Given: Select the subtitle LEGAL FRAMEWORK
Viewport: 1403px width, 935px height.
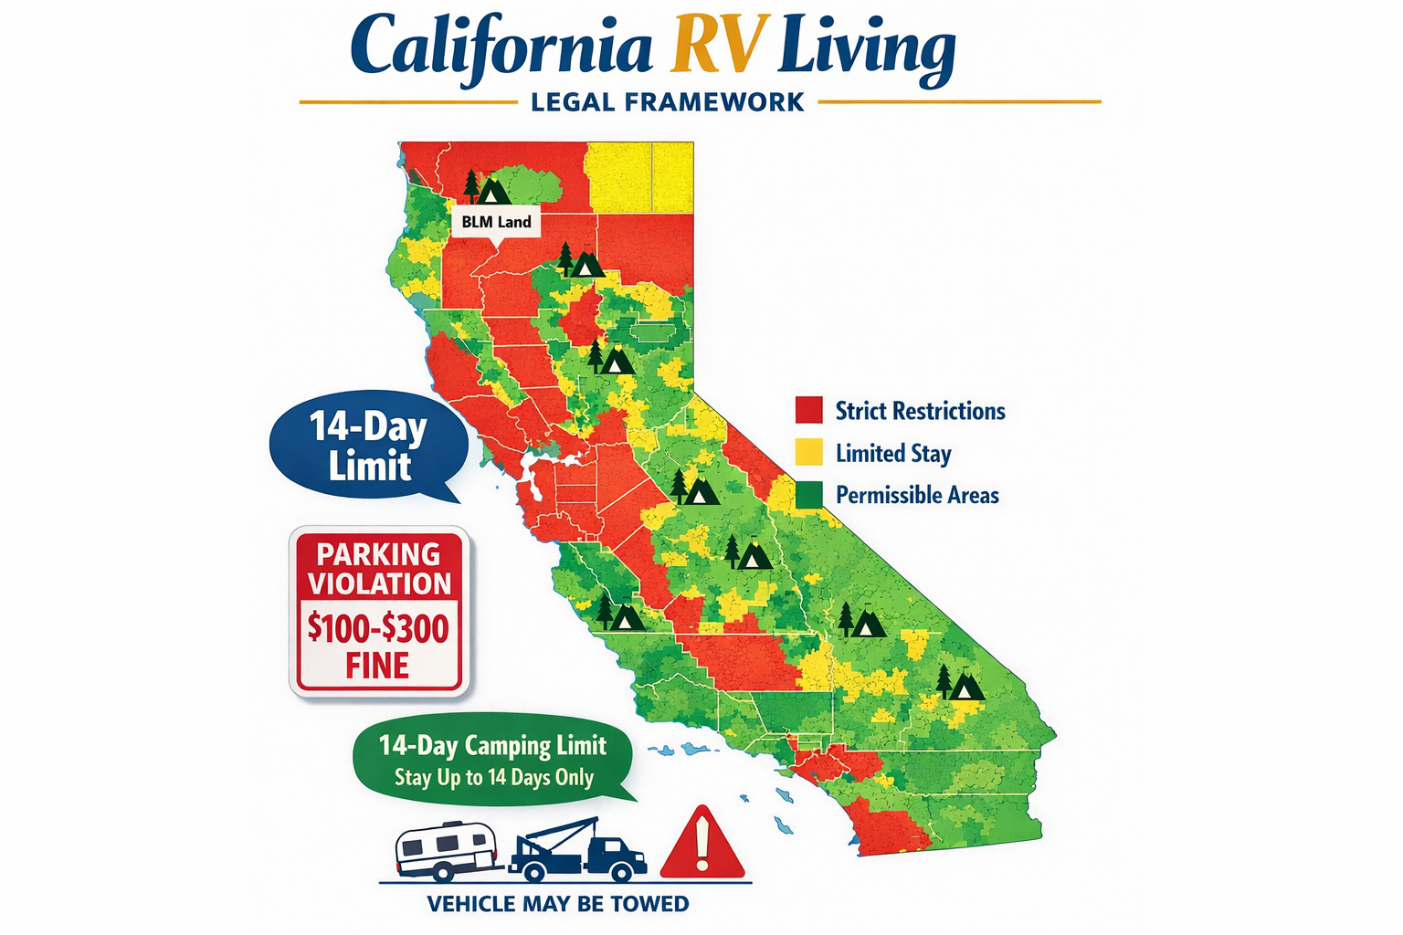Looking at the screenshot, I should [x=668, y=102].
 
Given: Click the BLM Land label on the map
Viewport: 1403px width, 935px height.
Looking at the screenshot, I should [x=496, y=222].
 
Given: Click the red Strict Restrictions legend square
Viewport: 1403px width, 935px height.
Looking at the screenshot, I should [x=808, y=410].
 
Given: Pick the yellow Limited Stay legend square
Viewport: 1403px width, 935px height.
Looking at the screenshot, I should [x=808, y=453].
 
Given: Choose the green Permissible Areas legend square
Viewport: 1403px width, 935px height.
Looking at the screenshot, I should [x=808, y=495].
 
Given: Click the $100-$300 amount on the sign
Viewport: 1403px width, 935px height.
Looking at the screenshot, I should [x=378, y=628].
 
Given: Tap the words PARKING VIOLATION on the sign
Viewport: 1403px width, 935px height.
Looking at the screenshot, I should [x=379, y=568].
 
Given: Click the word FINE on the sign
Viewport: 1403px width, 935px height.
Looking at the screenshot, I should [x=377, y=667].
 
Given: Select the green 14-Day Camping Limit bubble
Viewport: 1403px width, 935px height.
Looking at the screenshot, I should [x=493, y=759].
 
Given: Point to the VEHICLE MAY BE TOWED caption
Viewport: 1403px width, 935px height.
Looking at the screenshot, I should [x=558, y=904].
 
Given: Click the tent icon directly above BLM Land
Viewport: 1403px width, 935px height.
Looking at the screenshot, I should [x=494, y=191].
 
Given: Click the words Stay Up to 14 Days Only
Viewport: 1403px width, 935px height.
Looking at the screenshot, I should [x=494, y=777].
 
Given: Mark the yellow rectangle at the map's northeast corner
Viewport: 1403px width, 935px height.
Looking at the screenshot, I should [x=639, y=177].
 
